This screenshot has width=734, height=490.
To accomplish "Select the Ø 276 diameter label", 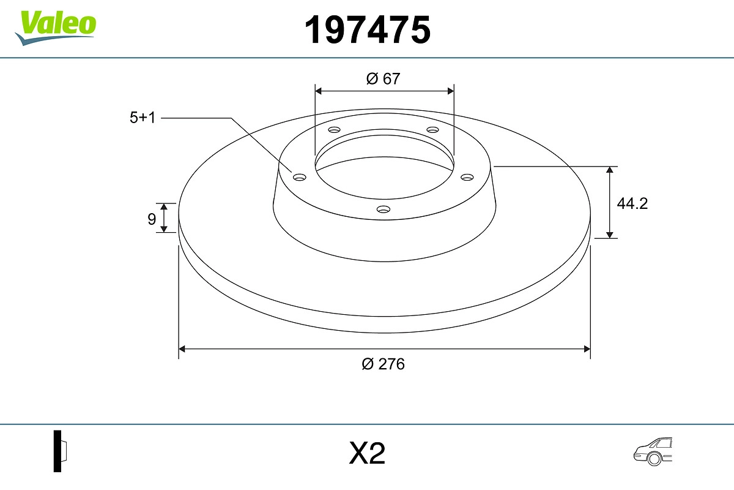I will pos(383,364).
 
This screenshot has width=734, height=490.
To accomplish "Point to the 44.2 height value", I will pos(632,204).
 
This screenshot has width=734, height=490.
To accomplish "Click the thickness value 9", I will pos(151,219).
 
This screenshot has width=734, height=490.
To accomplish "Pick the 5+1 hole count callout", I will pos(143,118).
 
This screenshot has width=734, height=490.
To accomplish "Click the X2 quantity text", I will pos(367,454).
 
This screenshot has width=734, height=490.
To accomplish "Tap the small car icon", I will pos(651,451).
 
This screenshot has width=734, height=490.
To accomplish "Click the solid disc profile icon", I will pos(60,451).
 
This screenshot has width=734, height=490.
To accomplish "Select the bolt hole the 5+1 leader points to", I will pos(299,177).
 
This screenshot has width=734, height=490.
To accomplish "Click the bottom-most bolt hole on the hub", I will pos(383,209).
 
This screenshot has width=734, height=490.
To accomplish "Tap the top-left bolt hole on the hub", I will pos(334,130).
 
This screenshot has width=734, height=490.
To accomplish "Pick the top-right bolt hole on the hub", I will pos(432,130).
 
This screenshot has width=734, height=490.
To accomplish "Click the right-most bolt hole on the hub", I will pos(467,177).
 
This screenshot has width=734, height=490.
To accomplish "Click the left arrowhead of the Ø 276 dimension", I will pos(182,349).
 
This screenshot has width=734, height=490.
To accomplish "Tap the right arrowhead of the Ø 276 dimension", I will pos(587,349).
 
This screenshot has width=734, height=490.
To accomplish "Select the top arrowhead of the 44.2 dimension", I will pos(610,170).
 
